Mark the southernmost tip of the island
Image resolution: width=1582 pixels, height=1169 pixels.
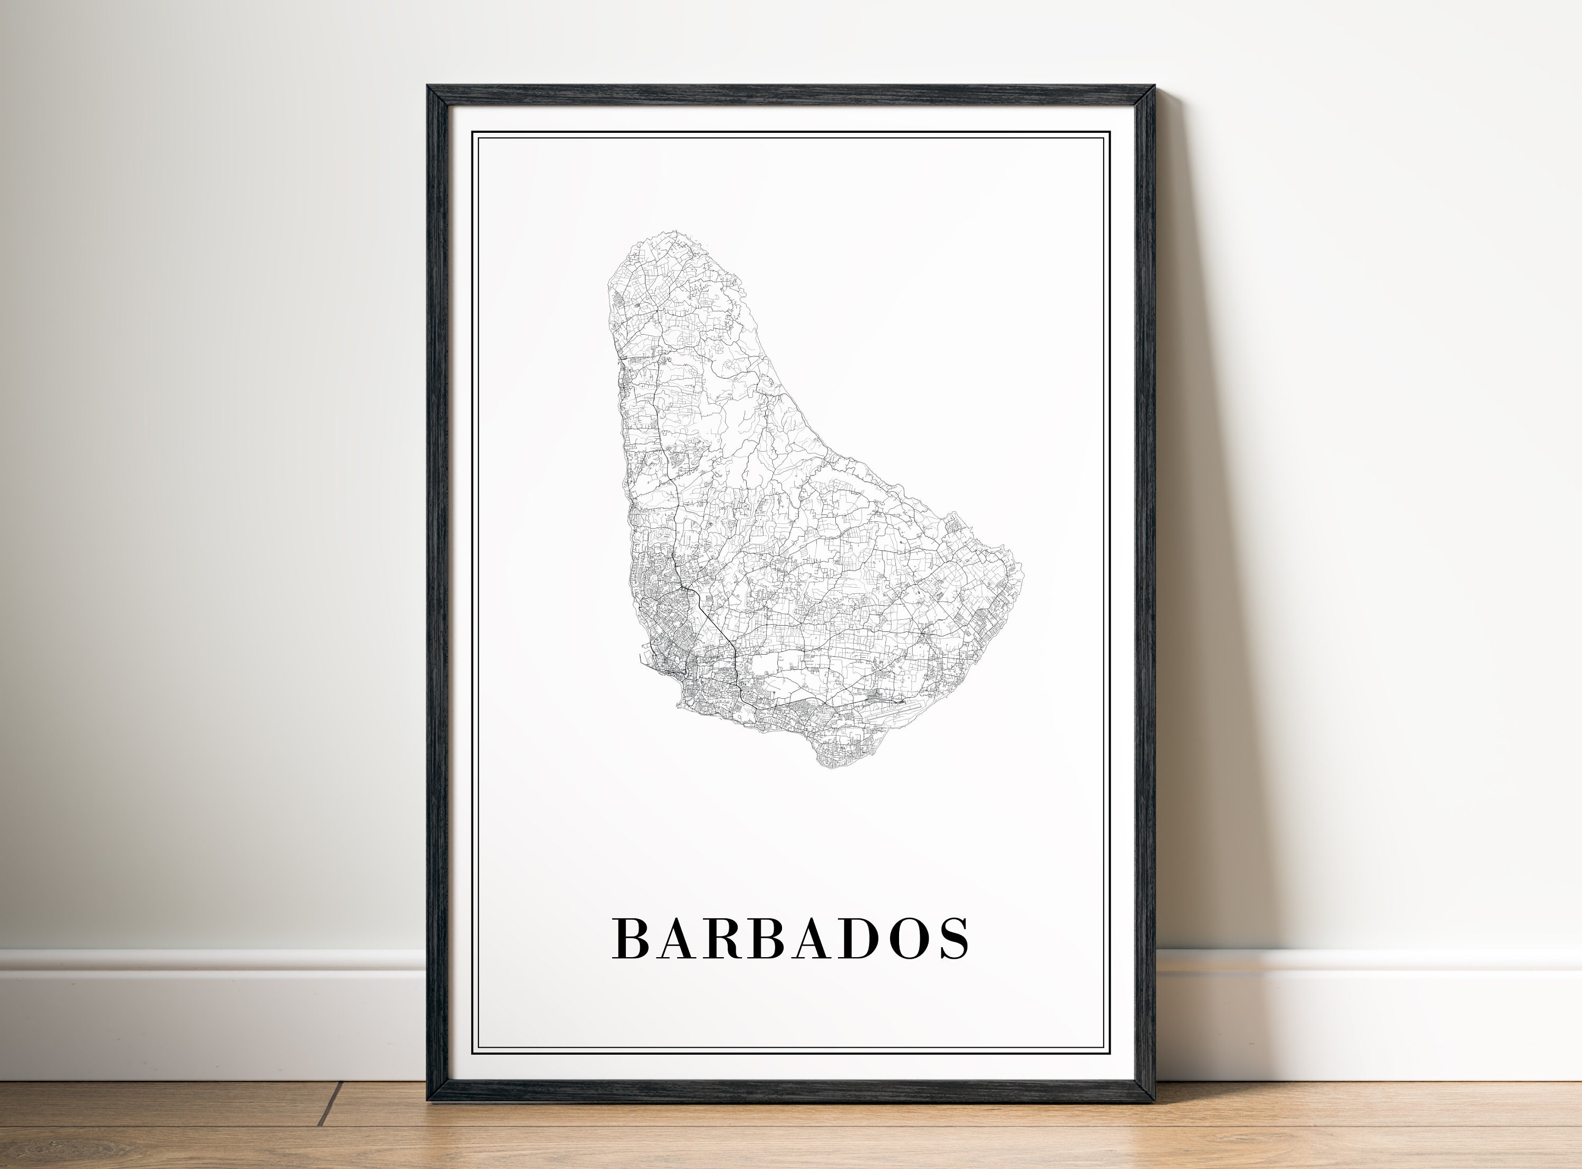coord(828,767)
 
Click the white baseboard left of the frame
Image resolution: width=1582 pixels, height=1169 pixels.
coord(213,1005)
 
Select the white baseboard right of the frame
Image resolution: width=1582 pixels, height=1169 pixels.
coord(1366,1005)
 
